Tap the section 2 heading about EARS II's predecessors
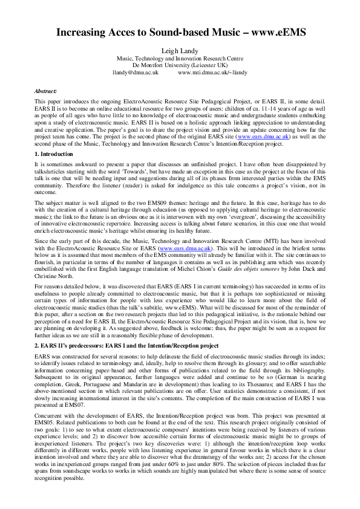(x=113, y=328)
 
